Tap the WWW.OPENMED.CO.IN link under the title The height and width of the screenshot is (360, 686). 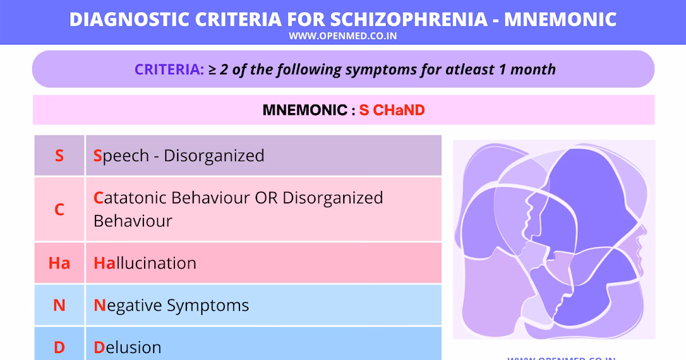click(x=342, y=36)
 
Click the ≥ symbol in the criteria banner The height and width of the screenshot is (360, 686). click(x=212, y=70)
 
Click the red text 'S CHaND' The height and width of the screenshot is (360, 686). click(x=392, y=110)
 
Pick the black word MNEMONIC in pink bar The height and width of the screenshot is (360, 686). click(x=304, y=110)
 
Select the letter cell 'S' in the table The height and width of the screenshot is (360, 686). click(x=59, y=155)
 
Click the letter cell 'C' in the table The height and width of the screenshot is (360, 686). click(x=59, y=210)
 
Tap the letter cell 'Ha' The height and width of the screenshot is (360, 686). click(x=59, y=263)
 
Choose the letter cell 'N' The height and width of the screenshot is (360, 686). click(x=59, y=305)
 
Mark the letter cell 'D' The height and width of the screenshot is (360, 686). click(x=59, y=347)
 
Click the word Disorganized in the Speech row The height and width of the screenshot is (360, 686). click(x=214, y=155)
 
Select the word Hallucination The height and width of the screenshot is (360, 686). click(x=145, y=263)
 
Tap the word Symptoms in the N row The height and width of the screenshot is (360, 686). click(x=208, y=305)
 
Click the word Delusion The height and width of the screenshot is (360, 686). click(x=127, y=347)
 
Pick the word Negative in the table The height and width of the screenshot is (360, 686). click(x=128, y=305)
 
